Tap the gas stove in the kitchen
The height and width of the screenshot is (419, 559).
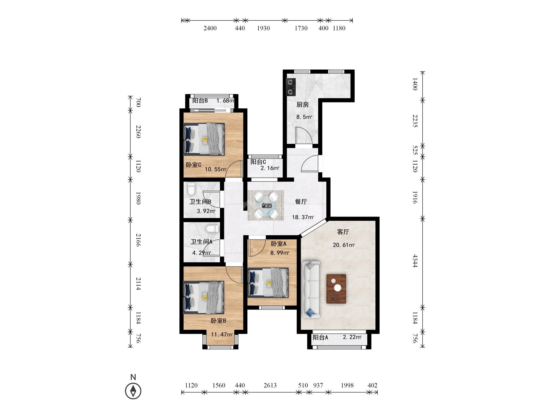pos(291,87)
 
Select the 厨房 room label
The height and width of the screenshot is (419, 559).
pos(302,105)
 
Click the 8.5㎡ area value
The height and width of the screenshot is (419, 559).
pos(304,117)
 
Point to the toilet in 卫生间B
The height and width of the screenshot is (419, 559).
pos(191,189)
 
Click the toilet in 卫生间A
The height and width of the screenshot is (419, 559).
pos(212,229)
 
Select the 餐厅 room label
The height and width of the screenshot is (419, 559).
pos(301,202)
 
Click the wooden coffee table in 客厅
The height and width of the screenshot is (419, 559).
pos(336,289)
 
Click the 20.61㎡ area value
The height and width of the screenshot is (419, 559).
pos(344,245)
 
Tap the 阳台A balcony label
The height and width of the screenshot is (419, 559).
pos(320,337)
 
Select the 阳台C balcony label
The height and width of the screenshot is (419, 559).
pos(258,162)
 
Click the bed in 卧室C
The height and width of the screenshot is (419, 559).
pos(204,139)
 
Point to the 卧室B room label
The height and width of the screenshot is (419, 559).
pos(218,321)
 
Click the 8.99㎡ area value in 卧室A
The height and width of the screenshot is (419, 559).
pos(279,253)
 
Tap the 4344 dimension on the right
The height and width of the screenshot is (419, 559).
pos(415,261)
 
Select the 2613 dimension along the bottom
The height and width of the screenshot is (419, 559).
pos(270,385)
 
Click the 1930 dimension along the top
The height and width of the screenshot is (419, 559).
pos(263,28)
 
